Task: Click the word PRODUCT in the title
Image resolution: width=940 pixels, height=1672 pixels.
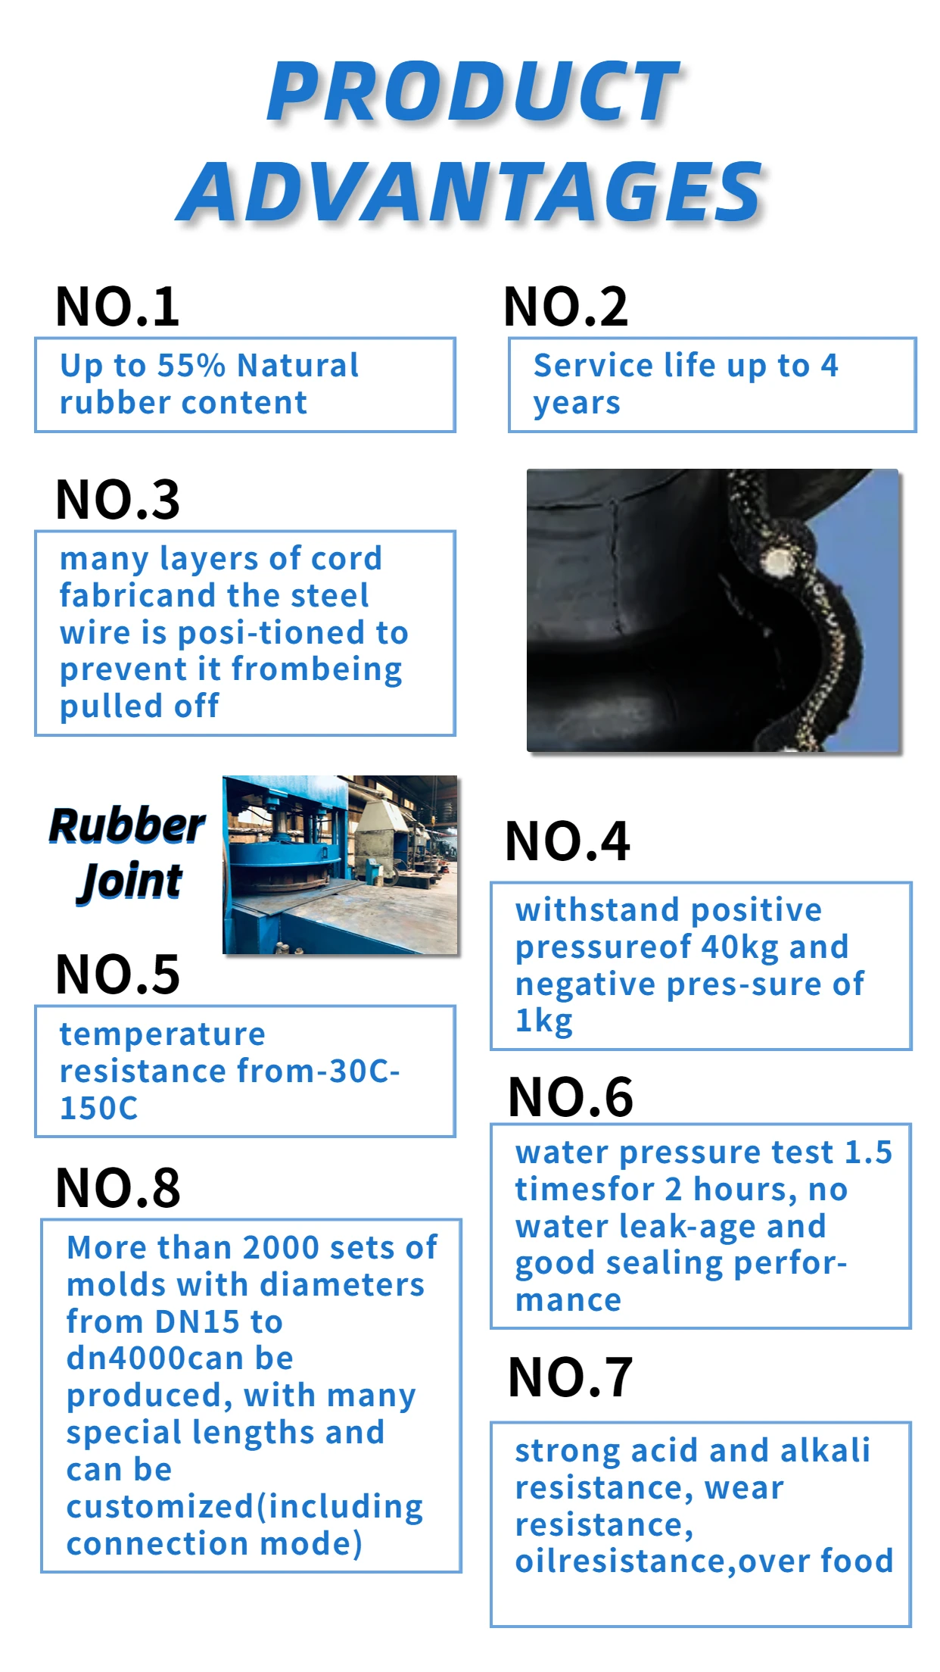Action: [473, 92]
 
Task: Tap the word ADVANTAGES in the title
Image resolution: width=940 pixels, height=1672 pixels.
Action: [470, 192]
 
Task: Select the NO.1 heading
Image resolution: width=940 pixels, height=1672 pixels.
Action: [117, 307]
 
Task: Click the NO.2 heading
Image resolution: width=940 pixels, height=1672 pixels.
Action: [566, 307]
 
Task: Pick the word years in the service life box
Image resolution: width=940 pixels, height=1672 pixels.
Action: [577, 404]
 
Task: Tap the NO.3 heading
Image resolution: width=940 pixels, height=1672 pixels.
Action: [117, 500]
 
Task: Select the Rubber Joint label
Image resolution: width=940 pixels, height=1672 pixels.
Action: [127, 853]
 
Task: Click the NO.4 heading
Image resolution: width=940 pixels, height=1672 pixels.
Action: [568, 841]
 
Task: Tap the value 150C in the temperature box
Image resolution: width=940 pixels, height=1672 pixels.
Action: [99, 1108]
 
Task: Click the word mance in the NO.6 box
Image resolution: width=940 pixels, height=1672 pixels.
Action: [568, 1300]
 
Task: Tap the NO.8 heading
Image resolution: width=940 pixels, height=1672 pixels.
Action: [117, 1187]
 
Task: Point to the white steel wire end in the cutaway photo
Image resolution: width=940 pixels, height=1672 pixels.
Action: [777, 563]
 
